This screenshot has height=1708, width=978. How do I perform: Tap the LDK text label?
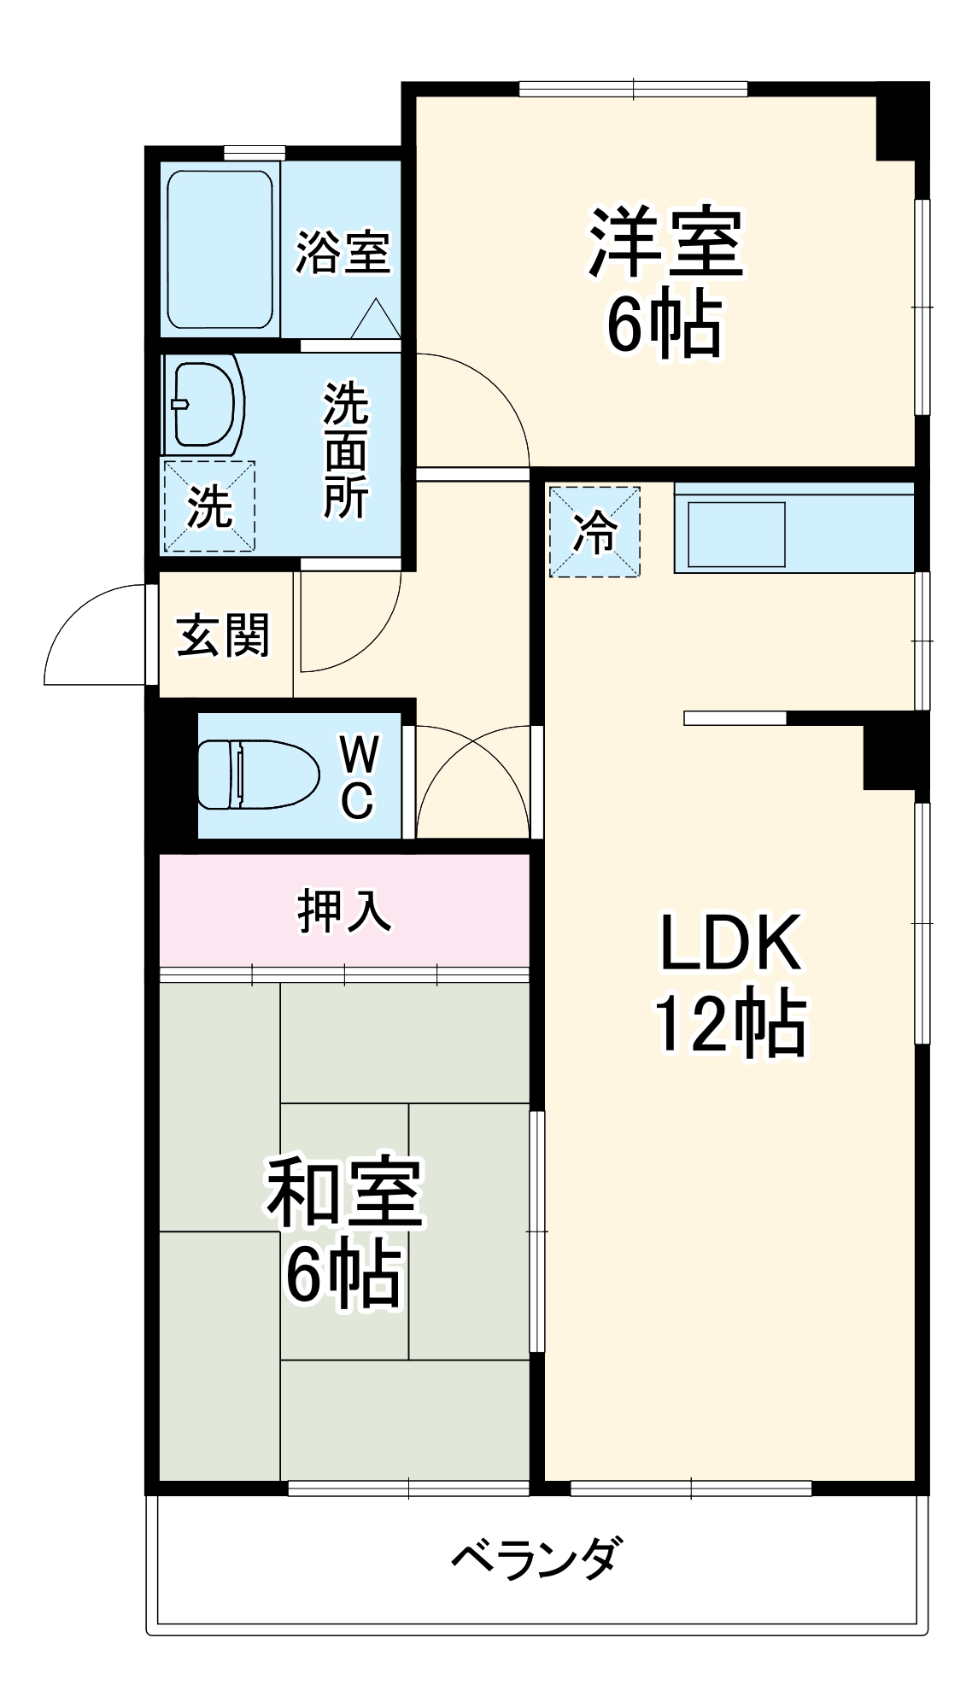coord(730,943)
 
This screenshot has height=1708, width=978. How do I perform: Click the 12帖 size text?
coord(730,1023)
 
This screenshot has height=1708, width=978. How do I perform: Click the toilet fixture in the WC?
coord(256,775)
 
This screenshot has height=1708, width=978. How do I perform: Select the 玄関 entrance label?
coord(223,635)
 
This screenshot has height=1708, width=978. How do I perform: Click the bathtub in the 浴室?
coord(220,249)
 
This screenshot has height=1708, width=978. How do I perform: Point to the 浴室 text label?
coord(343,253)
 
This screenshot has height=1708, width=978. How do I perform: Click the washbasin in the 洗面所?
coord(205,404)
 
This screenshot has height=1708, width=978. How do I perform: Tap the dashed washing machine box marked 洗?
coord(209,506)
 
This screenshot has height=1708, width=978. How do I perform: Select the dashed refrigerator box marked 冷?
coord(594,531)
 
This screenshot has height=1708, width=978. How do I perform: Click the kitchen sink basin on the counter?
coord(737,535)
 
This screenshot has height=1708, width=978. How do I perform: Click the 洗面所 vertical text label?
coord(345,450)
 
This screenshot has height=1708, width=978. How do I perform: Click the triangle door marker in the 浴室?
coord(374,320)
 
